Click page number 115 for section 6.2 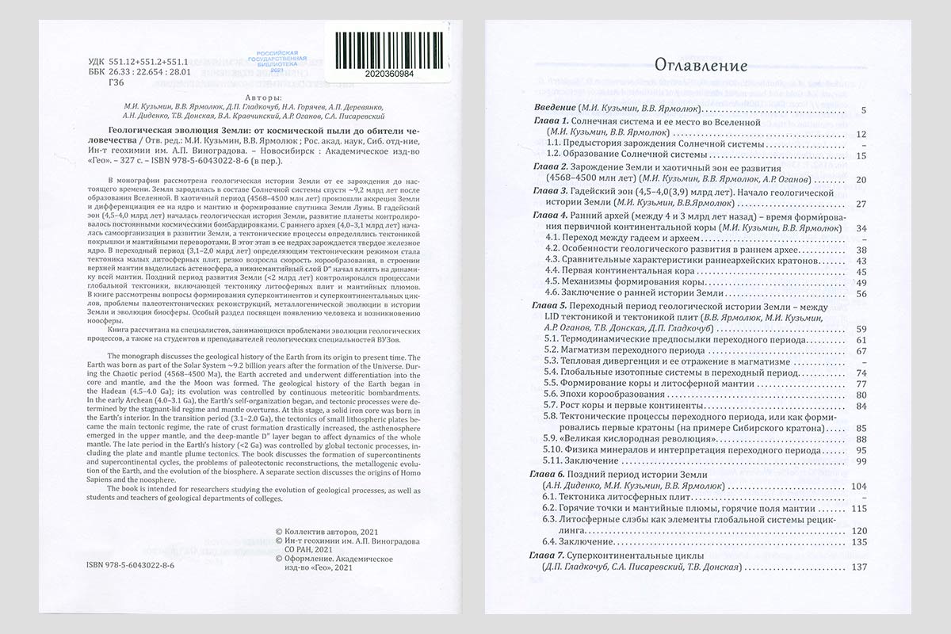858,508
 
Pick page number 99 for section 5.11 861,461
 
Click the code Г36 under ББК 116,83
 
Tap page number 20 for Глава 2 861,179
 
